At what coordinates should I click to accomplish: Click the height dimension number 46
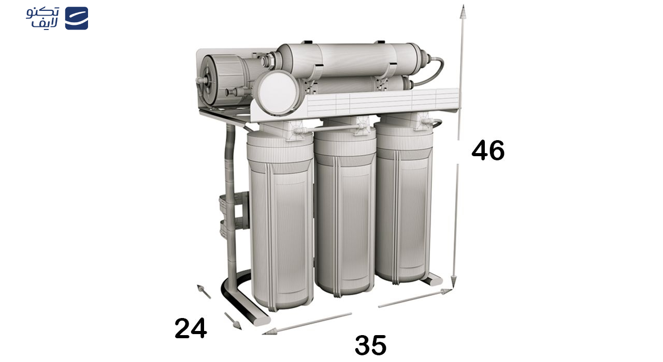(x=487, y=150)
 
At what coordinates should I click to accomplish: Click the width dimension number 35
(x=370, y=345)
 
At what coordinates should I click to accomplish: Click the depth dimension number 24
(x=191, y=328)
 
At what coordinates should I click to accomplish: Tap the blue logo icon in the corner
(x=76, y=18)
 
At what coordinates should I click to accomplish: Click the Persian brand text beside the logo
(x=43, y=18)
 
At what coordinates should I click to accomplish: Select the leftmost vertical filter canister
(x=280, y=222)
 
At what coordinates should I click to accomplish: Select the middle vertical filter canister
(x=345, y=212)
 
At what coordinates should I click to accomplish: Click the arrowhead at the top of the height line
(x=463, y=11)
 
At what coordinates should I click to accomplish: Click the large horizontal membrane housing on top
(x=352, y=59)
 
